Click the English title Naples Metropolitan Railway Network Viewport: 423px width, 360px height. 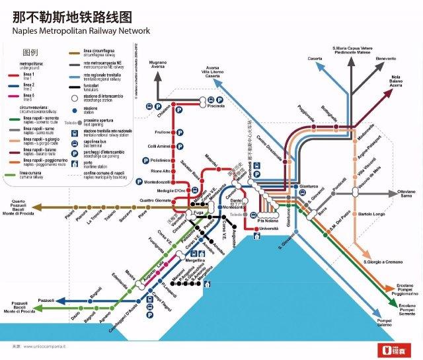click(81, 30)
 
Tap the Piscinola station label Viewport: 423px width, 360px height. click(215, 106)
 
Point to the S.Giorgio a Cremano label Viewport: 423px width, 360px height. click(383, 263)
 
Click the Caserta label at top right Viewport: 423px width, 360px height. click(315, 59)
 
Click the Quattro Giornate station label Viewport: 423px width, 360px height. click(155, 200)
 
